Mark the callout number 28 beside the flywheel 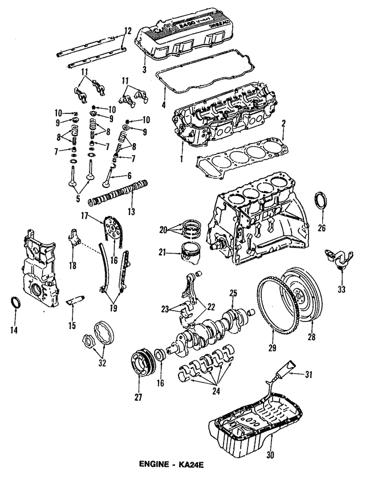point(311,337)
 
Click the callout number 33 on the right point(341,289)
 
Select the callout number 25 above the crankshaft point(233,293)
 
